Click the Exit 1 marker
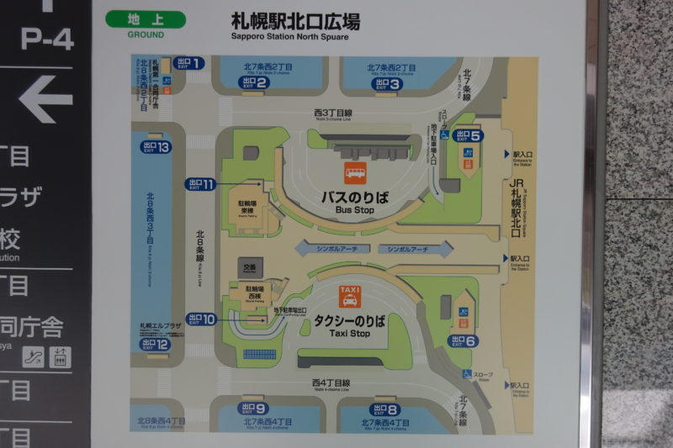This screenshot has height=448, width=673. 190,63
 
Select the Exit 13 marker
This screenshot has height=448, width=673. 155,147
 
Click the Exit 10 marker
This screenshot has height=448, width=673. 202,319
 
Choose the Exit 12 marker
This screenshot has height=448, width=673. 155,344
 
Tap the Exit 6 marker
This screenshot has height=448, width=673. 464,340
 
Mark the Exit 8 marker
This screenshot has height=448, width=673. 384,409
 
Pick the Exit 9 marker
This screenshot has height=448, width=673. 253,409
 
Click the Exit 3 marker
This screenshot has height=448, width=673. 387,83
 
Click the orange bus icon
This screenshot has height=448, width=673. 355,174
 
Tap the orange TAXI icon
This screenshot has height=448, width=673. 349,296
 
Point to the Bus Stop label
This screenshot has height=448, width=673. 354,201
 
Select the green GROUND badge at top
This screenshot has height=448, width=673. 146,23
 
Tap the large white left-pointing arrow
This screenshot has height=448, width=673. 46,99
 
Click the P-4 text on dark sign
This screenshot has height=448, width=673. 47,39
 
